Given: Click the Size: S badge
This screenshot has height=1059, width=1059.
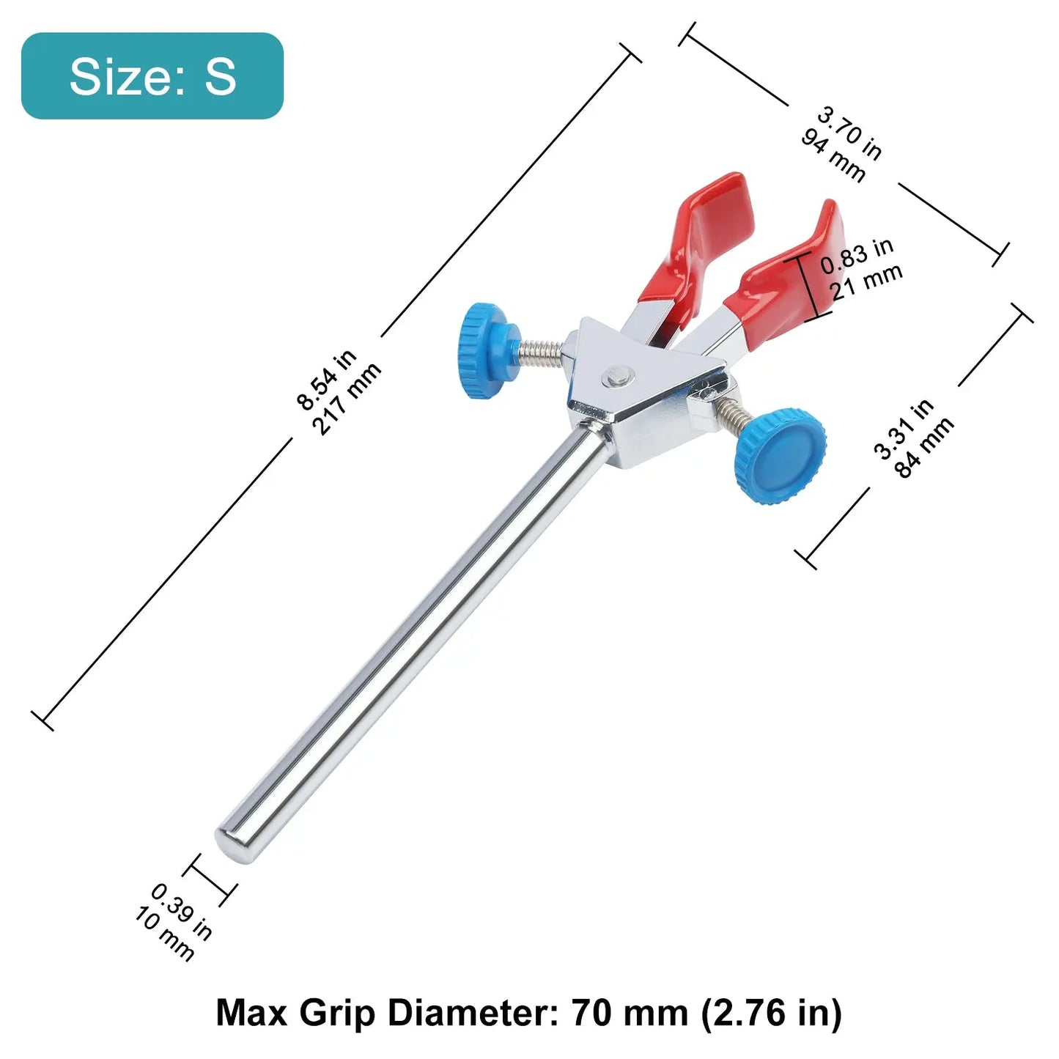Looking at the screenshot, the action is [152, 75].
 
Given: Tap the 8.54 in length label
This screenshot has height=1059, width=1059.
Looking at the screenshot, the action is [326, 379].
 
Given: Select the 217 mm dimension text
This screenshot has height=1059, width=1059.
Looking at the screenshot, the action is [347, 399].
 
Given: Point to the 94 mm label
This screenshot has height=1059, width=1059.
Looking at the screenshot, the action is [833, 155].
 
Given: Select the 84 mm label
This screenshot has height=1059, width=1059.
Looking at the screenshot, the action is [923, 447].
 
